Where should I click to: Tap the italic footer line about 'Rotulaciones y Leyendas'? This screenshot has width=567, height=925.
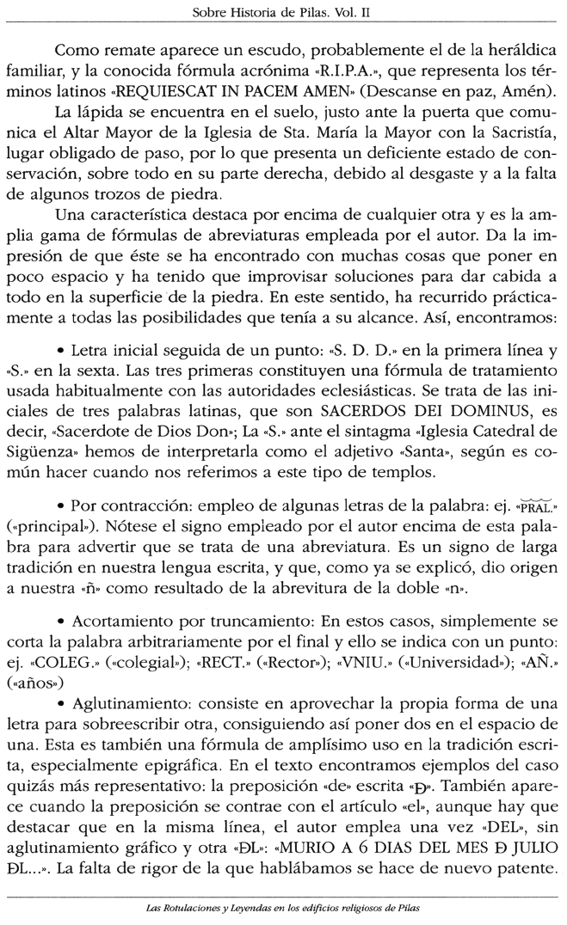[282, 909]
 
